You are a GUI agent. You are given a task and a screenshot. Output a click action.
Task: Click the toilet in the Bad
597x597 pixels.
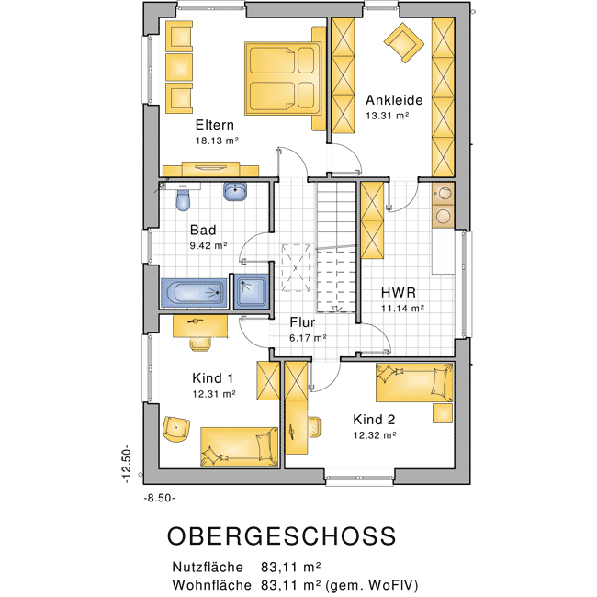pos(183,199)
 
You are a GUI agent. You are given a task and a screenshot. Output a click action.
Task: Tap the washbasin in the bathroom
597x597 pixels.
pos(235,191)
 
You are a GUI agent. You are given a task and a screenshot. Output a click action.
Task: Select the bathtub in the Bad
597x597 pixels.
pos(194,293)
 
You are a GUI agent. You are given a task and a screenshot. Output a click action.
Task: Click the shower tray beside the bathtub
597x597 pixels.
pos(251,292)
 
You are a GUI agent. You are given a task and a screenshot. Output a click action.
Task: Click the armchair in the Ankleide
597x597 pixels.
pos(403,42)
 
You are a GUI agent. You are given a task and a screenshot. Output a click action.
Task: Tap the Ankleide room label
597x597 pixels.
pos(394,100)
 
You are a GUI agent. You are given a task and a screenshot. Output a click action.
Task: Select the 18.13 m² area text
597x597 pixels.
pos(217,141)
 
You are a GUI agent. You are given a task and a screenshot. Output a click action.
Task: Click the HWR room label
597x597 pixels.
pos(399,293)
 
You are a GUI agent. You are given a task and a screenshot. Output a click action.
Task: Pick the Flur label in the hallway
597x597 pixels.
pos(302,322)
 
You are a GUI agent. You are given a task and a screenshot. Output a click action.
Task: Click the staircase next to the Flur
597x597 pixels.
pos(336,247)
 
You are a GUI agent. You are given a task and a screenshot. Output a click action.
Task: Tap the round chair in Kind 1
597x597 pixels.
pos(176,429)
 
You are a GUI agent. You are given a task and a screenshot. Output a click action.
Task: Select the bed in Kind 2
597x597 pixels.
pos(414,382)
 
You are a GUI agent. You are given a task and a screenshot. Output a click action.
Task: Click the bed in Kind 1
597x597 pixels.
pos(240,446)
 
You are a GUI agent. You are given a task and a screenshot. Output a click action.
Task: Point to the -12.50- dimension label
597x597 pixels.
pos(126,466)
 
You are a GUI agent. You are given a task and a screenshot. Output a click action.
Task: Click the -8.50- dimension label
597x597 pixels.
pos(160,498)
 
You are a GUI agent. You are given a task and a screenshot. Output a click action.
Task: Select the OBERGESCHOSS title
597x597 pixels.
pos(282,536)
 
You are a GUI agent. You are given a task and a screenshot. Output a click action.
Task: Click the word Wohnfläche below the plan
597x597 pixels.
pos(211,584)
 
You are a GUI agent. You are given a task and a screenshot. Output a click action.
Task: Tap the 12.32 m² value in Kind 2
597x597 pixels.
pos(375,435)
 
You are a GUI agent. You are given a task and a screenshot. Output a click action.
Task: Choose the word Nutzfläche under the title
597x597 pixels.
pos(208,567)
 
